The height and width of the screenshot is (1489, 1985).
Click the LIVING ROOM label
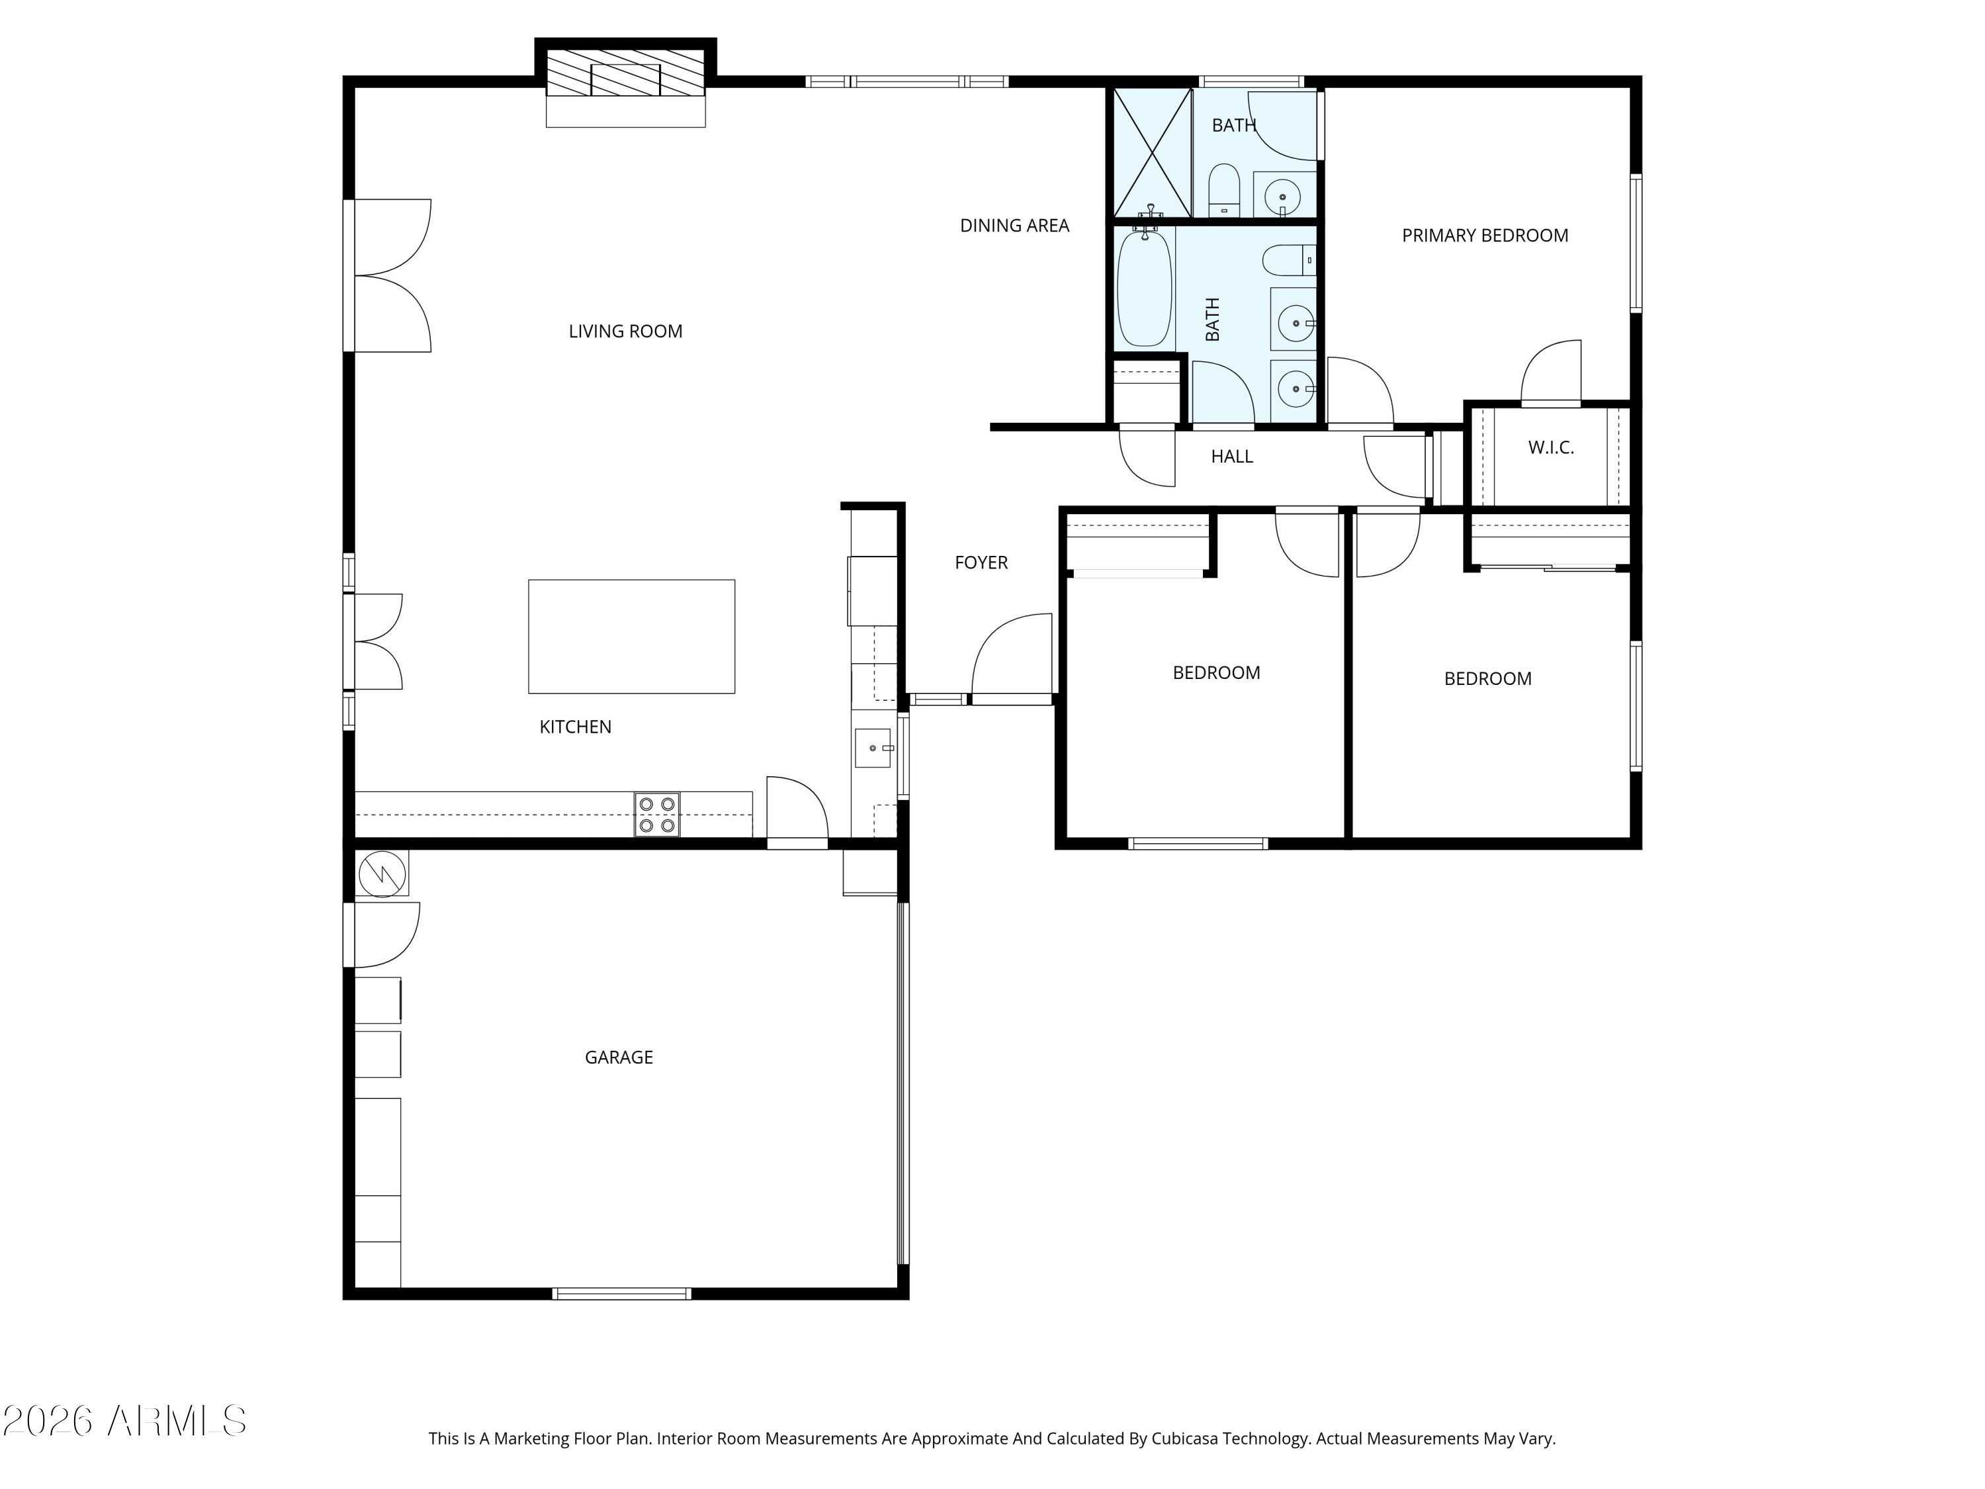(625, 331)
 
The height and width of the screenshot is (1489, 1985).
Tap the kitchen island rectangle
(631, 637)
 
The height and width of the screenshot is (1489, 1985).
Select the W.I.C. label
(1551, 447)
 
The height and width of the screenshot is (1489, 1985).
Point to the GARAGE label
(618, 1058)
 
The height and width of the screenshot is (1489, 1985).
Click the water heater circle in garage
(382, 872)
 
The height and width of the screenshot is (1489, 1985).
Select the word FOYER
(981, 563)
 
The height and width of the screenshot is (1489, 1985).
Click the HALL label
(1231, 457)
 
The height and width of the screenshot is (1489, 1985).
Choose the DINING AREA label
(1014, 225)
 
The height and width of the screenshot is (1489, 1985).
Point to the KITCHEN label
(575, 727)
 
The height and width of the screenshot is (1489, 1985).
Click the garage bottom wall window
(621, 1293)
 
